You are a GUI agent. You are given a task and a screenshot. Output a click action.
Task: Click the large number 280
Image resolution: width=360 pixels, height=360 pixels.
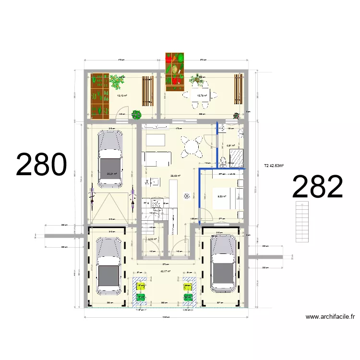pyautogui.click(x=41, y=165)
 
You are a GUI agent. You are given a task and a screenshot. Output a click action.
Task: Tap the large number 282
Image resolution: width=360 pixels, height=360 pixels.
pyautogui.click(x=317, y=187)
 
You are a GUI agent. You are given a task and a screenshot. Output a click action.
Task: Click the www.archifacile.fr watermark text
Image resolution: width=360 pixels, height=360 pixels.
pyautogui.click(x=330, y=317)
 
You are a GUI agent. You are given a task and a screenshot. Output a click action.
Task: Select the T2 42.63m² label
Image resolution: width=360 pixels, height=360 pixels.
pyautogui.click(x=274, y=167)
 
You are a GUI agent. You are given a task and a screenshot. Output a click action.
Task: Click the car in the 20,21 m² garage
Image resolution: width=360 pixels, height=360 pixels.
pyautogui.click(x=110, y=159)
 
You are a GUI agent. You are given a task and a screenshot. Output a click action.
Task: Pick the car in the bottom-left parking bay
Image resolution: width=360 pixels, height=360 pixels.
pyautogui.click(x=109, y=266)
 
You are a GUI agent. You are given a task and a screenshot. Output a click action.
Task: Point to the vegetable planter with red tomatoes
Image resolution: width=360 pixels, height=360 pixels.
pyautogui.click(x=174, y=70)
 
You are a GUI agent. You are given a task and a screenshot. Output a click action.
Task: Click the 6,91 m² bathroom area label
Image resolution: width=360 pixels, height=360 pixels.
pyautogui.click(x=231, y=145)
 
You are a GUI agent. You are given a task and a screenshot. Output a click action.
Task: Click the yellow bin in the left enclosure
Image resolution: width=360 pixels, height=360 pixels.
pyautogui.click(x=141, y=287)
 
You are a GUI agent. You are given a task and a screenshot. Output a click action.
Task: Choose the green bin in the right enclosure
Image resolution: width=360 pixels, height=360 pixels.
pyautogui.click(x=188, y=298)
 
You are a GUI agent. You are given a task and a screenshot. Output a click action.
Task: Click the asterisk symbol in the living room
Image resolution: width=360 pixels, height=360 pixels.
pyautogui.click(x=187, y=196)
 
